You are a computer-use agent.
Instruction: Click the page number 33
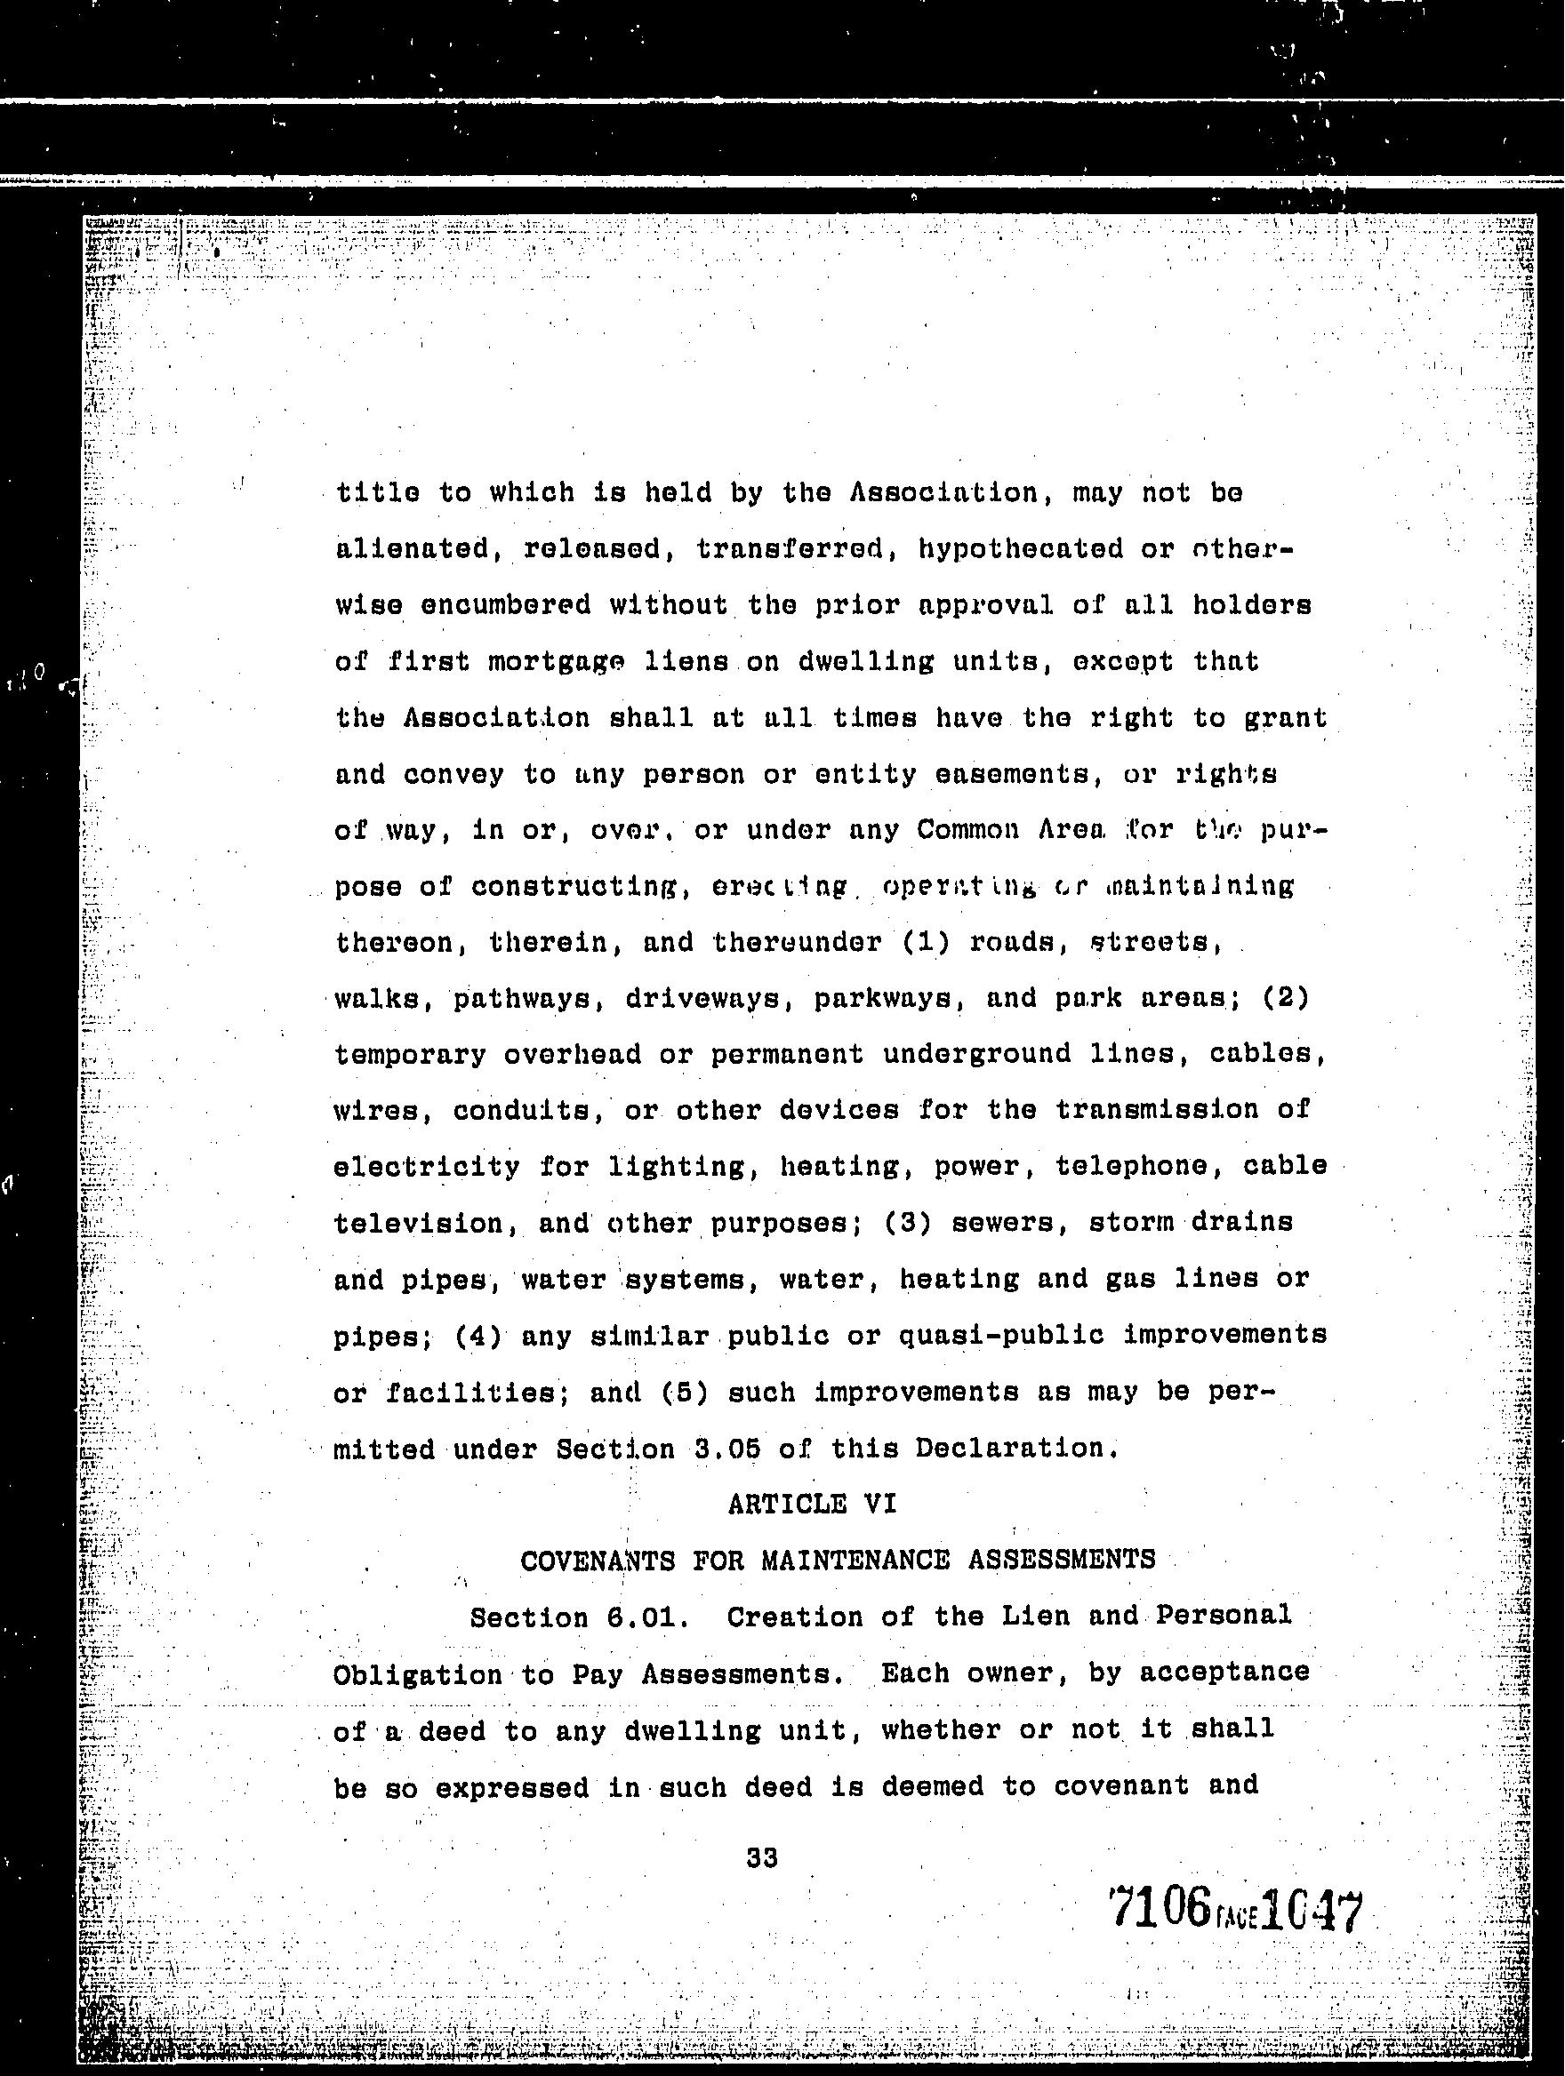pyautogui.click(x=761, y=1857)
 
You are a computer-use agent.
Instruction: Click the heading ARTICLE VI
pyautogui.click(x=812, y=1505)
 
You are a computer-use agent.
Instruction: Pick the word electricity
pyautogui.click(x=427, y=1167)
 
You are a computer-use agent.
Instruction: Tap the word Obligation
pyautogui.click(x=418, y=1675)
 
